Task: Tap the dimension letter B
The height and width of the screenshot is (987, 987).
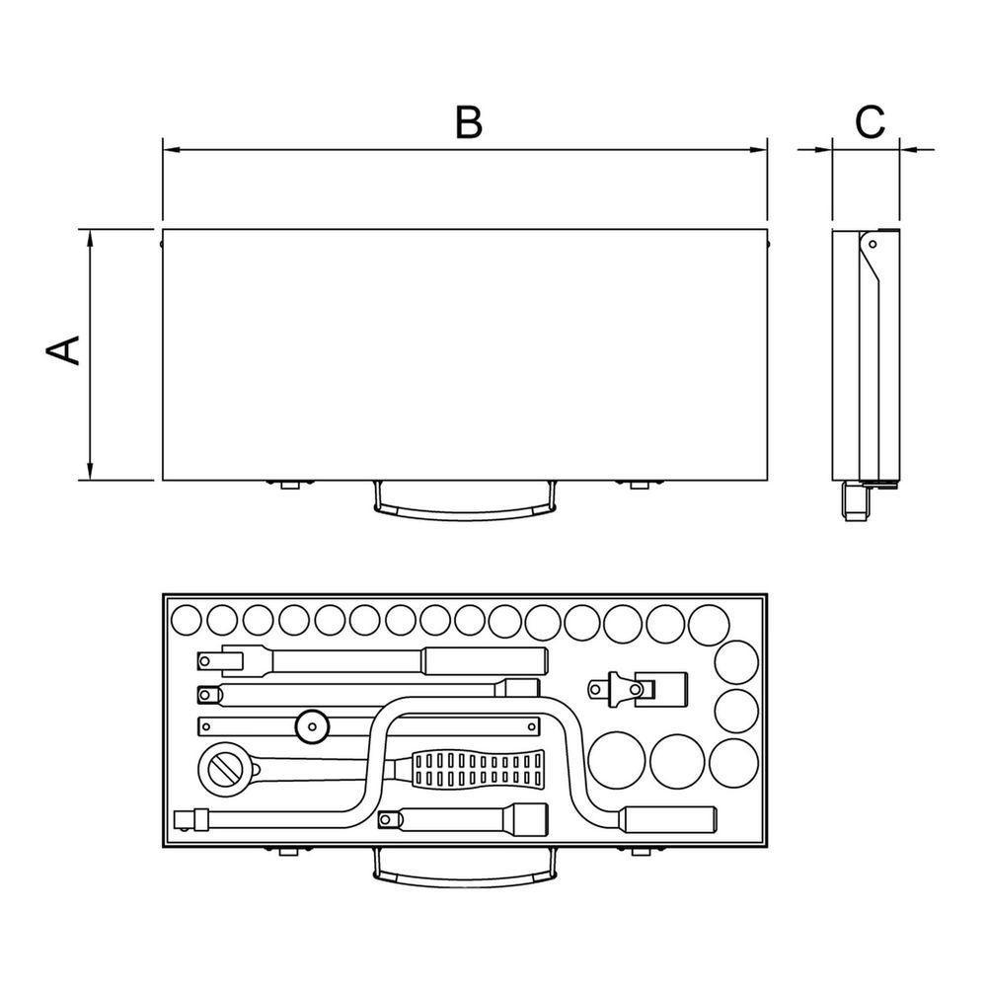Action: [469, 122]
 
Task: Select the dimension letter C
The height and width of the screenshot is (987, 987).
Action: [870, 122]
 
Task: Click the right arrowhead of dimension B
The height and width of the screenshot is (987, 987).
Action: [758, 150]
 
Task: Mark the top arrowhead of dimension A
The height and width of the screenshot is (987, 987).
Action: [90, 239]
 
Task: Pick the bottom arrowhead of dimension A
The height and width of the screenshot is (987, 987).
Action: [90, 470]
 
